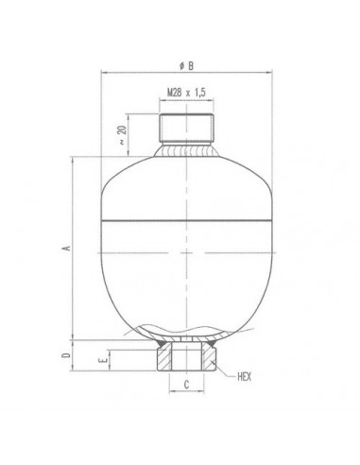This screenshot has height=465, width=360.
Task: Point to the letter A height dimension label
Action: (x=65, y=248)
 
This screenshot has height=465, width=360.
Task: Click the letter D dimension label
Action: (x=65, y=354)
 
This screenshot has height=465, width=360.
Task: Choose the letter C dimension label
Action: (x=188, y=385)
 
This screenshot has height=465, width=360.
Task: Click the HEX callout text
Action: (x=249, y=376)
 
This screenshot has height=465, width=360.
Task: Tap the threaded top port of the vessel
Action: (x=190, y=124)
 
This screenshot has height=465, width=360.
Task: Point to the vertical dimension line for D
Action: (x=76, y=354)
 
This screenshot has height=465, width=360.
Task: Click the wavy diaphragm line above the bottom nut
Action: (x=190, y=331)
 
